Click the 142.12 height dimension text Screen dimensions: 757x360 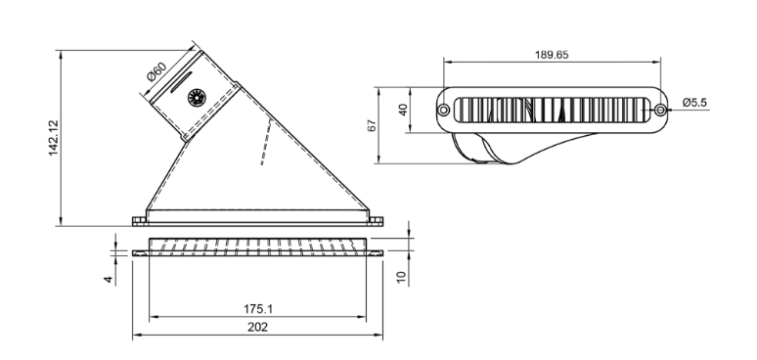point(53,138)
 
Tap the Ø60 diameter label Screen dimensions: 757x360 point(156,71)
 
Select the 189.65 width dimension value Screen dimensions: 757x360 point(552,55)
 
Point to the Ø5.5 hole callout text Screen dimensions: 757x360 point(694,103)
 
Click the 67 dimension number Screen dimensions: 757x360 point(372,125)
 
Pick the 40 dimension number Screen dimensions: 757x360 point(403,110)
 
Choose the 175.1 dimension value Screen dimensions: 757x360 point(258,309)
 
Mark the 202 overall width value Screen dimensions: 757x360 point(258,327)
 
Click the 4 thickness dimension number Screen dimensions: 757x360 point(109,280)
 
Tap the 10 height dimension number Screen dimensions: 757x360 point(402,277)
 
